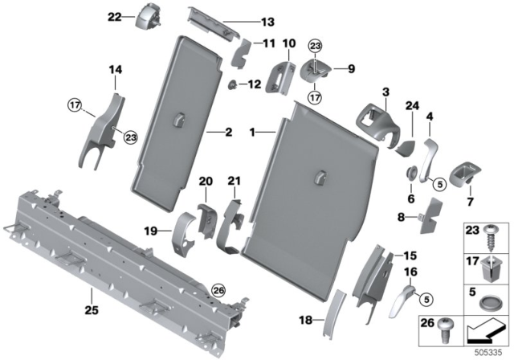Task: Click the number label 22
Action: (x=114, y=16)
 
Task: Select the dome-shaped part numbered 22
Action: (x=148, y=16)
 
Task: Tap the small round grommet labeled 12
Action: (x=233, y=84)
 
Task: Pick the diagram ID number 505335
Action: (x=492, y=351)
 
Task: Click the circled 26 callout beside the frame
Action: (x=217, y=291)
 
